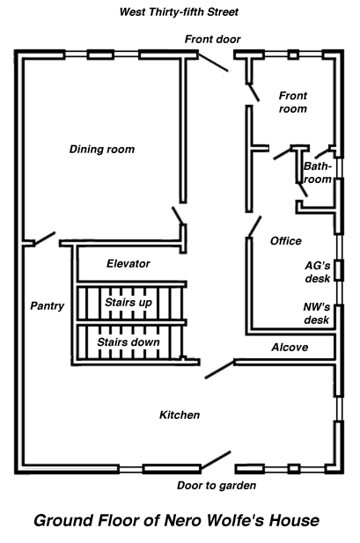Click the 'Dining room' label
(x=102, y=150)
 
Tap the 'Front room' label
(x=293, y=102)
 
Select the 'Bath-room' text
(x=318, y=172)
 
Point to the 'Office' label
(x=286, y=241)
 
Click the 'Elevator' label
(x=129, y=263)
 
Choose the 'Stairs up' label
(x=129, y=303)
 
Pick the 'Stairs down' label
(x=129, y=342)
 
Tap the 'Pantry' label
(x=48, y=305)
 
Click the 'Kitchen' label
(x=180, y=415)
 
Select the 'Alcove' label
(x=290, y=348)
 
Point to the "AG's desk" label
(x=318, y=272)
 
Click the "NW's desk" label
(x=317, y=313)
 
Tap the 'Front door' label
(x=212, y=39)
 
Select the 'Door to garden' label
(x=217, y=486)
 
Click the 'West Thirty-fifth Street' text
(x=179, y=12)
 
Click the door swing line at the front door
(x=213, y=62)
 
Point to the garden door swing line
(x=216, y=460)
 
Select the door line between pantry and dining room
(x=44, y=238)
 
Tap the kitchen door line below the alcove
(x=220, y=370)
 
